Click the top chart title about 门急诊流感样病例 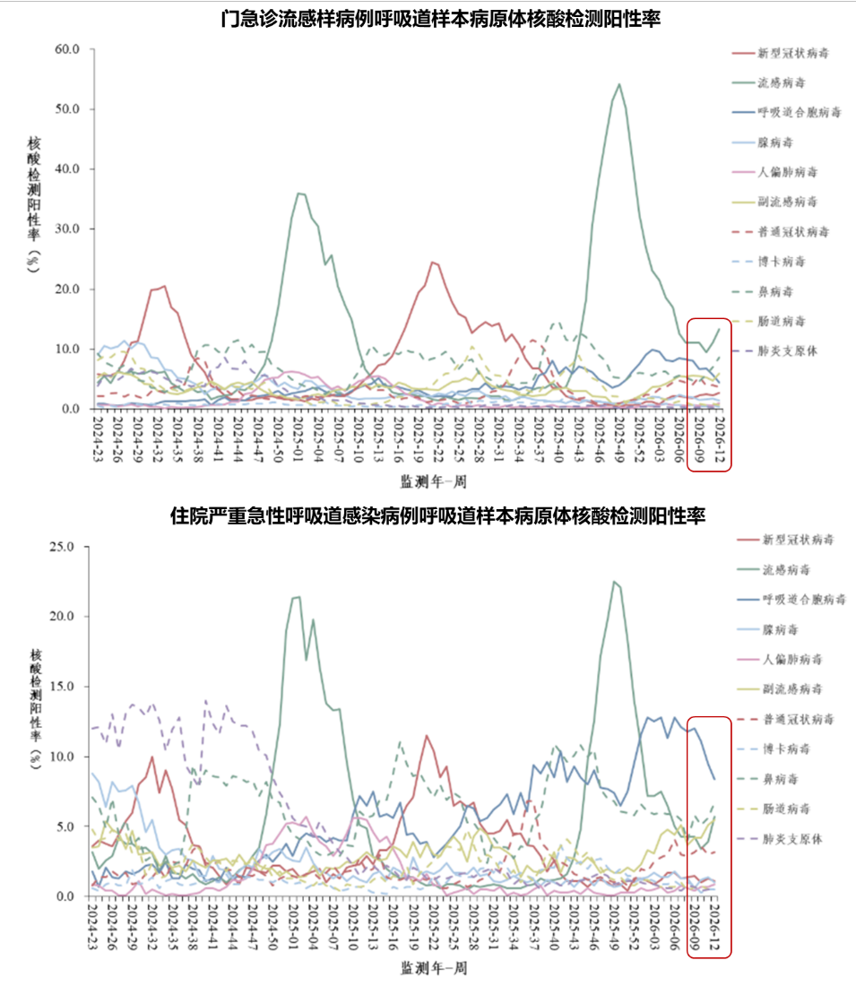442,18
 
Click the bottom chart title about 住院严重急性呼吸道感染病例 437,516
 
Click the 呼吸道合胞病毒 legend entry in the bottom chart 804,599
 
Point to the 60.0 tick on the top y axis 68,48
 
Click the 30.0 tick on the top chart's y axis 68,229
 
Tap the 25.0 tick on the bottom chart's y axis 68,546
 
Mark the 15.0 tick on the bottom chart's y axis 68,687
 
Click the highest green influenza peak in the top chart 619,84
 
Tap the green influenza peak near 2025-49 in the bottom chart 614,582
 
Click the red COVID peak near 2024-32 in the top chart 163,287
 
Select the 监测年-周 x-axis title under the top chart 433,482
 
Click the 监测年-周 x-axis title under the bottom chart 433,969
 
